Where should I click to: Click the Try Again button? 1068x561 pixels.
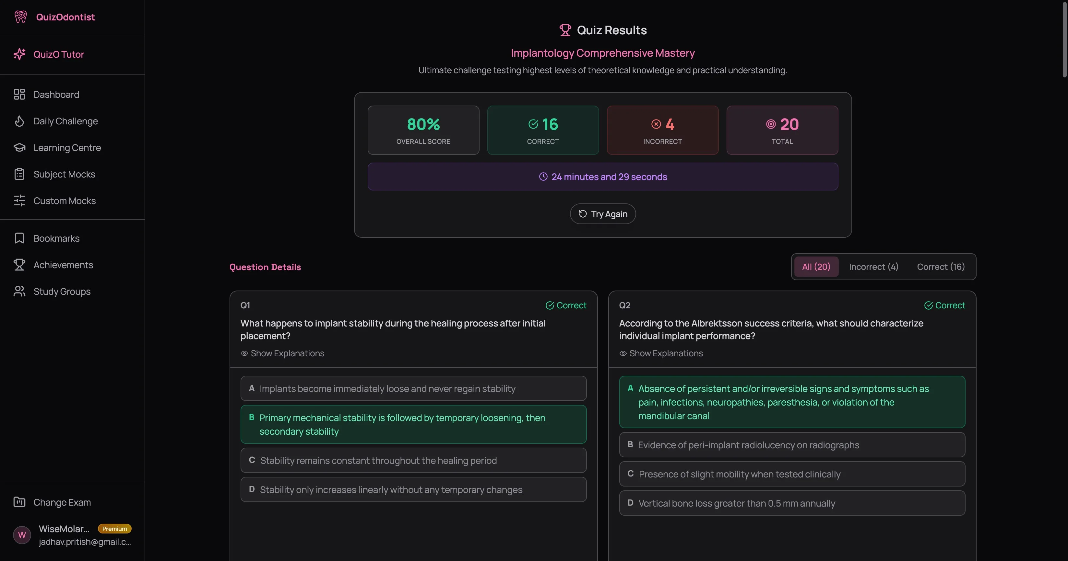[x=602, y=214]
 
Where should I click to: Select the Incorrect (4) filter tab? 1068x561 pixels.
[x=873, y=267]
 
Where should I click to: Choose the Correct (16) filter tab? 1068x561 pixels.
[x=940, y=267]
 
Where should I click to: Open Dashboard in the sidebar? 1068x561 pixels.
[x=56, y=95]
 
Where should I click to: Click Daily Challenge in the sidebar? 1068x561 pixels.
[x=65, y=121]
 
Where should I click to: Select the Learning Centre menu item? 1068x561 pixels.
[x=67, y=147]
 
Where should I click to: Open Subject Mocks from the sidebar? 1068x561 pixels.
[x=64, y=174]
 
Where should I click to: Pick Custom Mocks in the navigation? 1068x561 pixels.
[x=64, y=200]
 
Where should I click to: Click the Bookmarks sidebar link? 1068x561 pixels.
[x=56, y=238]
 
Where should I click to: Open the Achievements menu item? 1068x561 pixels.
[x=63, y=265]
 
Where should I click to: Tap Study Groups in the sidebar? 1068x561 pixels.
[x=62, y=291]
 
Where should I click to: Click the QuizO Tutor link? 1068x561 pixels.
[x=58, y=54]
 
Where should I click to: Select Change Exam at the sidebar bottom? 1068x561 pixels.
[x=62, y=502]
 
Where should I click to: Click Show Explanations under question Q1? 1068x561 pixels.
[x=287, y=353]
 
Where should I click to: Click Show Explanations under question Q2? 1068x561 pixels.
[x=665, y=353]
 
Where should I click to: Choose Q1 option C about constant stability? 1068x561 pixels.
[x=413, y=460]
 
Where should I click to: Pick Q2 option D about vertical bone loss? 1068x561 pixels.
[x=791, y=503]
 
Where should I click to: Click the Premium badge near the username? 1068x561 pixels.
[x=114, y=529]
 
